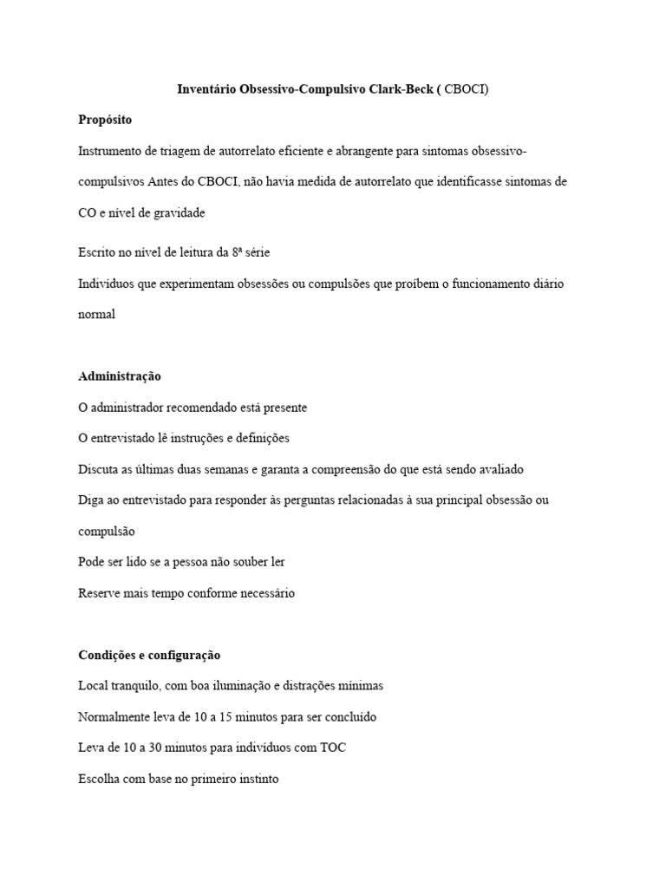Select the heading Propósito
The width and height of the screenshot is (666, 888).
point(105,120)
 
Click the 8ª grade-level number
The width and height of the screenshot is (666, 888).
point(237,252)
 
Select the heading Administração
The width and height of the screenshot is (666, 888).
point(120,376)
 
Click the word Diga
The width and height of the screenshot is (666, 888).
point(91,500)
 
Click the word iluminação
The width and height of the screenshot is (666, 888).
point(238,686)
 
